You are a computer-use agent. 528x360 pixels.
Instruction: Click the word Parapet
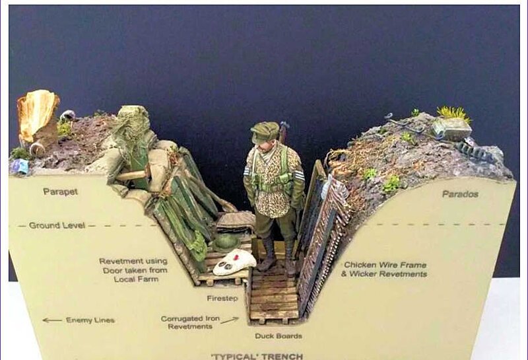[x=61, y=192]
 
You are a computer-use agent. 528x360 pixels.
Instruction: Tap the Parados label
[x=460, y=194]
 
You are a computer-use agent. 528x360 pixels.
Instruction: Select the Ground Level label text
[x=57, y=225]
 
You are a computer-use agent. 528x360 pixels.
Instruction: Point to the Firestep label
[x=222, y=299]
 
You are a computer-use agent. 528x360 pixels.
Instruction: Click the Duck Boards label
[x=279, y=336]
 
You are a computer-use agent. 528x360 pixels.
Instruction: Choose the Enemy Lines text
[x=90, y=320]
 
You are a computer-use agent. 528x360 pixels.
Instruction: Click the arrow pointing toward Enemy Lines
[x=52, y=320]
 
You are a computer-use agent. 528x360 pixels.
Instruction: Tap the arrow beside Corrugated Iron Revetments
[x=230, y=320]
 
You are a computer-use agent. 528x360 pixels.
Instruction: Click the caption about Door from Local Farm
[x=134, y=270]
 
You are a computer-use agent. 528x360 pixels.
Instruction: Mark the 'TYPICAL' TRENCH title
[x=257, y=356]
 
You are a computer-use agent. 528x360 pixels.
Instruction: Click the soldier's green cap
[x=265, y=132]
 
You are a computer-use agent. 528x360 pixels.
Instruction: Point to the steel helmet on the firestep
[x=226, y=242]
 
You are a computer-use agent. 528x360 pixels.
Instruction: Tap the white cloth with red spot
[x=235, y=262]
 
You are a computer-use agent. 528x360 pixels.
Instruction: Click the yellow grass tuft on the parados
[x=453, y=114]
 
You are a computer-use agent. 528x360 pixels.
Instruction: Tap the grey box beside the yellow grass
[x=452, y=129]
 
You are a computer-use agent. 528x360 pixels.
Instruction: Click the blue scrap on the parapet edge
[x=20, y=166]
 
